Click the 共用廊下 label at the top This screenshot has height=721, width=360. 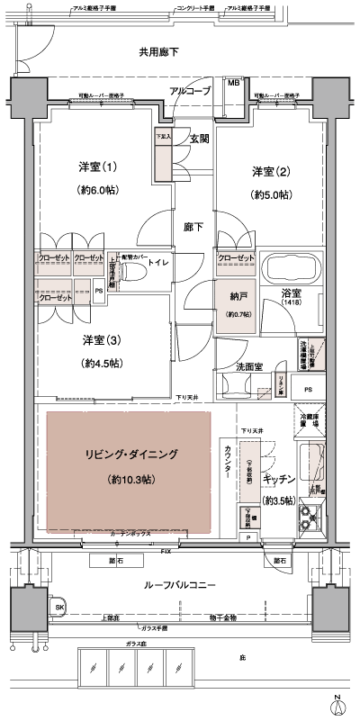[x=158, y=53]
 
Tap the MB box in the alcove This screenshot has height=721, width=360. [x=233, y=84]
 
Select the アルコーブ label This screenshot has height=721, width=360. [x=189, y=92]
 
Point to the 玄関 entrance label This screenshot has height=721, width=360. [x=199, y=139]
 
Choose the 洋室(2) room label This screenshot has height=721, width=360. [x=269, y=172]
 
